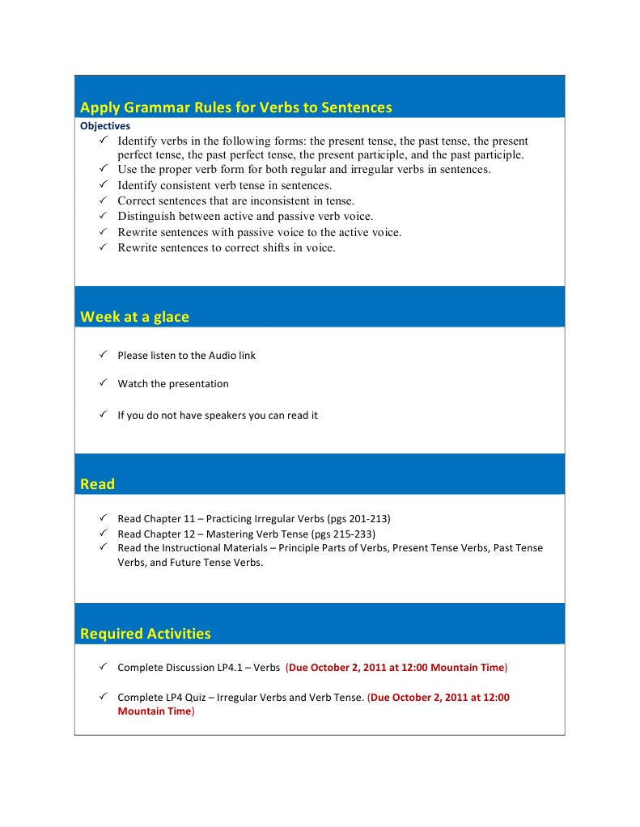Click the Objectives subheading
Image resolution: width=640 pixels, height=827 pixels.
point(105,126)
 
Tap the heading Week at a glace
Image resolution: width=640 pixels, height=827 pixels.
point(134,317)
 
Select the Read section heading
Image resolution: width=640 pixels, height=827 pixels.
point(97,484)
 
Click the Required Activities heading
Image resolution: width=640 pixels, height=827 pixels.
point(145,634)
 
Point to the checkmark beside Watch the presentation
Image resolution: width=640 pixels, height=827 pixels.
point(104,383)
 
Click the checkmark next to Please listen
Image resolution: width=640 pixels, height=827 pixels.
point(104,354)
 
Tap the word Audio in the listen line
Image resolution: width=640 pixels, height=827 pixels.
point(223,356)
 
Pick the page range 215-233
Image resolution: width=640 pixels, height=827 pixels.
point(354,534)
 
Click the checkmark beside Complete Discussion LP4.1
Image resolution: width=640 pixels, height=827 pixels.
point(104,667)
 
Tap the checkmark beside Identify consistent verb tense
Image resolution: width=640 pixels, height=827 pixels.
point(104,184)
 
